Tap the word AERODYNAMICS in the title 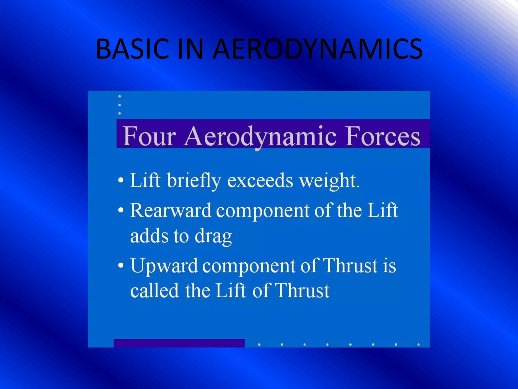pos(317,49)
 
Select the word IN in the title pos(190,49)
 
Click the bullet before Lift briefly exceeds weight pos(121,181)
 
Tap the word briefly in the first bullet pos(194,181)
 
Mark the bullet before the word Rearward pos(121,210)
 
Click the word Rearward pos(170,210)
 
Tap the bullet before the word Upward pos(121,265)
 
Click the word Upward pos(164,266)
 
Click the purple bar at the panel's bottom pos(179,343)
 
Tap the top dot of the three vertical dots pos(120,96)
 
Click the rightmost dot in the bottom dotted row pos(419,344)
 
